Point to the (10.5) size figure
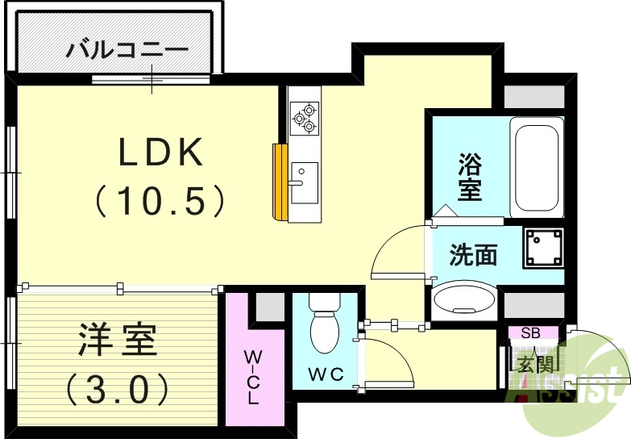point(160,199)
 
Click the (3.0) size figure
point(118,389)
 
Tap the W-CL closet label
point(253,376)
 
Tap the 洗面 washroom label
point(473,255)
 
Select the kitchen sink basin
point(304,183)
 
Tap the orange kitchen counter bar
point(280,182)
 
